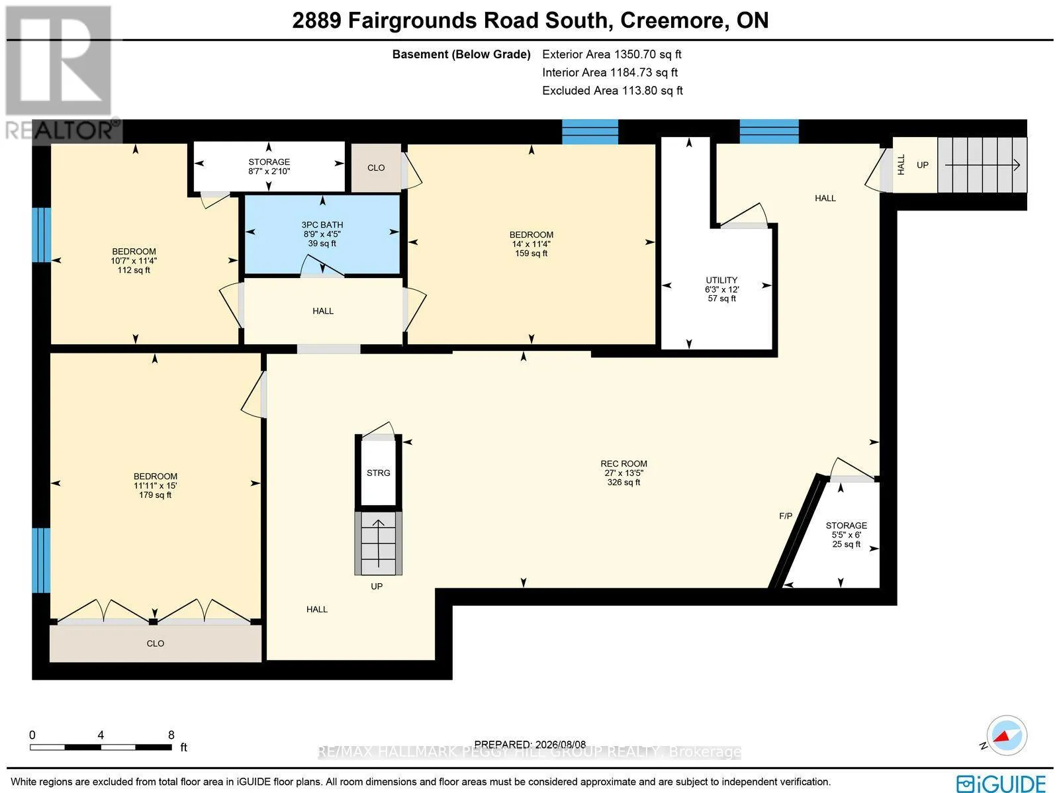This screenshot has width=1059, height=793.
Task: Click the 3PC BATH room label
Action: tap(322, 225)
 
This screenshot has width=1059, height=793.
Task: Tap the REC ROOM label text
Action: tap(623, 464)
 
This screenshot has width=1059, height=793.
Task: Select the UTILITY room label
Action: tap(721, 280)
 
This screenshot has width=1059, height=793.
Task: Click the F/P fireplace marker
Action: tap(786, 516)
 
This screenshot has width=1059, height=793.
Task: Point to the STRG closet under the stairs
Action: tap(378, 473)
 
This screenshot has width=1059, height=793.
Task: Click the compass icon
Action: tap(1007, 735)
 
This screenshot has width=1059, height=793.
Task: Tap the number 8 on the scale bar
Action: tap(171, 735)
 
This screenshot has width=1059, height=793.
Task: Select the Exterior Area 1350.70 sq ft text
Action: tap(612, 54)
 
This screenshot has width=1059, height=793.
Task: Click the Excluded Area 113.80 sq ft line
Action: tap(612, 91)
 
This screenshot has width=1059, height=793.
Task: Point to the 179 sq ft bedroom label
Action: tap(155, 495)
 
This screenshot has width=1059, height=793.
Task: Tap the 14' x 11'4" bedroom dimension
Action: tap(531, 244)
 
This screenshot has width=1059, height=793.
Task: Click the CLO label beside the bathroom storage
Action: tap(376, 168)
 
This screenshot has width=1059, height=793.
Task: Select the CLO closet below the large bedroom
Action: tap(156, 643)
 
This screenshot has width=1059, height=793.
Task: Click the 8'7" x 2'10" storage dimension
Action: tap(269, 171)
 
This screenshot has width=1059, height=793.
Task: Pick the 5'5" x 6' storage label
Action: tap(847, 535)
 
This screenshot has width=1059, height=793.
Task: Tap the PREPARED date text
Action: tap(529, 745)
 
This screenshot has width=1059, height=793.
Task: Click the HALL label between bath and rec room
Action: tap(323, 311)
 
